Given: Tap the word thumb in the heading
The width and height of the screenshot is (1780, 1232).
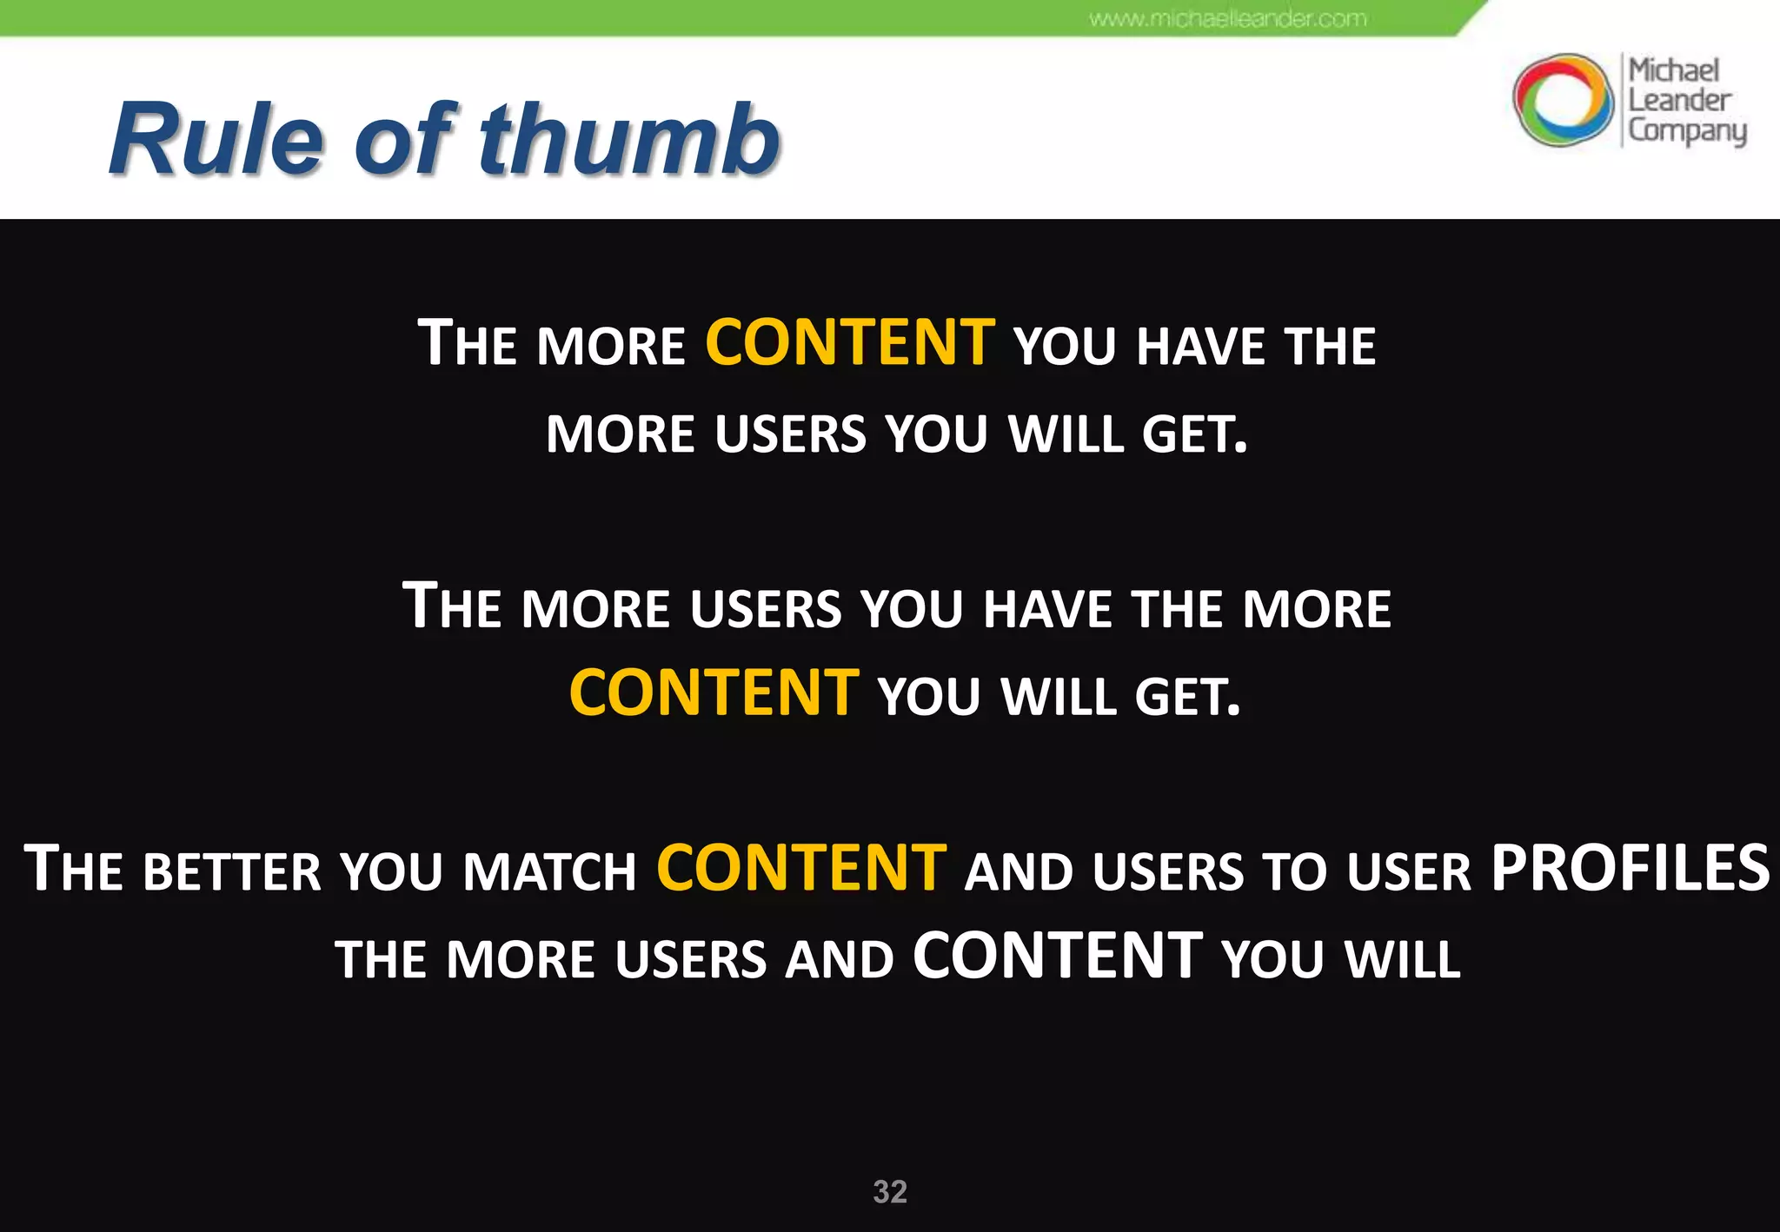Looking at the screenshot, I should pos(629,139).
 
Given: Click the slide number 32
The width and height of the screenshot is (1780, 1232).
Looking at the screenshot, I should pos(890,1191).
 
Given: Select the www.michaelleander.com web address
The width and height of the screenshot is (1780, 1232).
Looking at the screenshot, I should pos(1228,18).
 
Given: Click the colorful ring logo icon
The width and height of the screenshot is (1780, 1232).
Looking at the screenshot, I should pos(1562,99).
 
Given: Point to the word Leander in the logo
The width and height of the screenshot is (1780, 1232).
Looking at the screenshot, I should pos(1678,100).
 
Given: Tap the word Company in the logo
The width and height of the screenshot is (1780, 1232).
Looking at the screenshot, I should pos(1686,130).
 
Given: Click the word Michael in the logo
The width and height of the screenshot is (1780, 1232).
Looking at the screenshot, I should pos(1673,70).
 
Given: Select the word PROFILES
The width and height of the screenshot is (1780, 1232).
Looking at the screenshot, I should pos(1630,868).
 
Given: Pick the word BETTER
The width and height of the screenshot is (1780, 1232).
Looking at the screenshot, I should pos(232,871).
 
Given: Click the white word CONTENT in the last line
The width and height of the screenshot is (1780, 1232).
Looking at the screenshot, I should pos(1058,957).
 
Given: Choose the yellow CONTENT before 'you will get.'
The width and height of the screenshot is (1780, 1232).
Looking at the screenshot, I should pos(714,693).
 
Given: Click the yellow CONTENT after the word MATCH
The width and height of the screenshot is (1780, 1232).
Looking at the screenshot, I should pos(801,868).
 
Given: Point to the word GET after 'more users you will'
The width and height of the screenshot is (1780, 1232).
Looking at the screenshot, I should pos(1193,434).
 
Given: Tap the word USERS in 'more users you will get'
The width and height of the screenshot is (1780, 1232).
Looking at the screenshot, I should pos(791,434).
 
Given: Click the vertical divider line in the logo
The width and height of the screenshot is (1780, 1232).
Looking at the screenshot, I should pos(1621,100).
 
